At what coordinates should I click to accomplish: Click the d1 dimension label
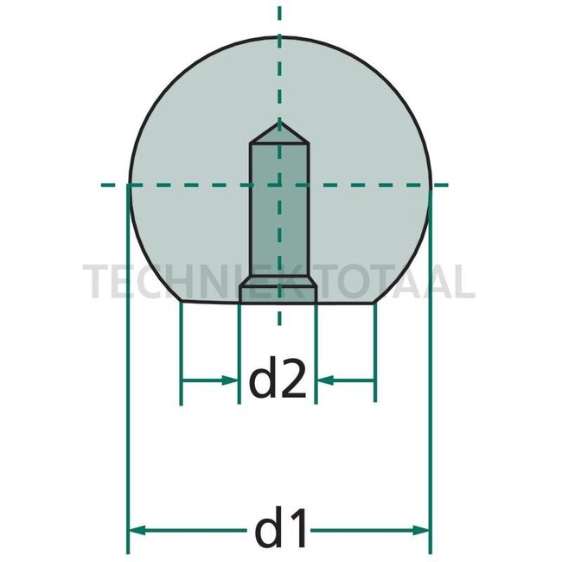(278, 528)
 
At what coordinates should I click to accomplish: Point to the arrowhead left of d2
(231, 379)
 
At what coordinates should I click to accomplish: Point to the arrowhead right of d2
(323, 379)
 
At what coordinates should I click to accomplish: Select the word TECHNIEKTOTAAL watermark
(278, 282)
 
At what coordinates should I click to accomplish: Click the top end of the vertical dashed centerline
(278, 7)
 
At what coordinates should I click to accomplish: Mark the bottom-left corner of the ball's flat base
(181, 302)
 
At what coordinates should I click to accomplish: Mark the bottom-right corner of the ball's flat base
(376, 302)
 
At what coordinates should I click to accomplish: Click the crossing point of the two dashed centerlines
(278, 184)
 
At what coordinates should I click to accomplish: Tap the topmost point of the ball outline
(278, 37)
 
